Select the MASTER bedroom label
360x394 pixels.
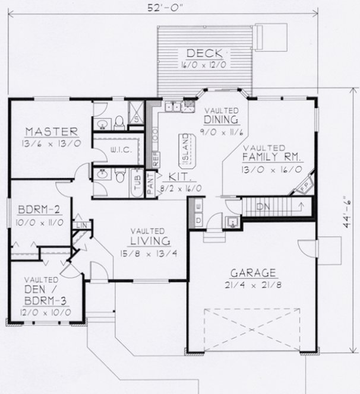coord(52,131)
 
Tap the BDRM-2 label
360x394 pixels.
coord(36,209)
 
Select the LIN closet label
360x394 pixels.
coord(79,225)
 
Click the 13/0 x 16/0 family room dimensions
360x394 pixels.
coord(273,169)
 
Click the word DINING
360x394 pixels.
coord(222,120)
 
